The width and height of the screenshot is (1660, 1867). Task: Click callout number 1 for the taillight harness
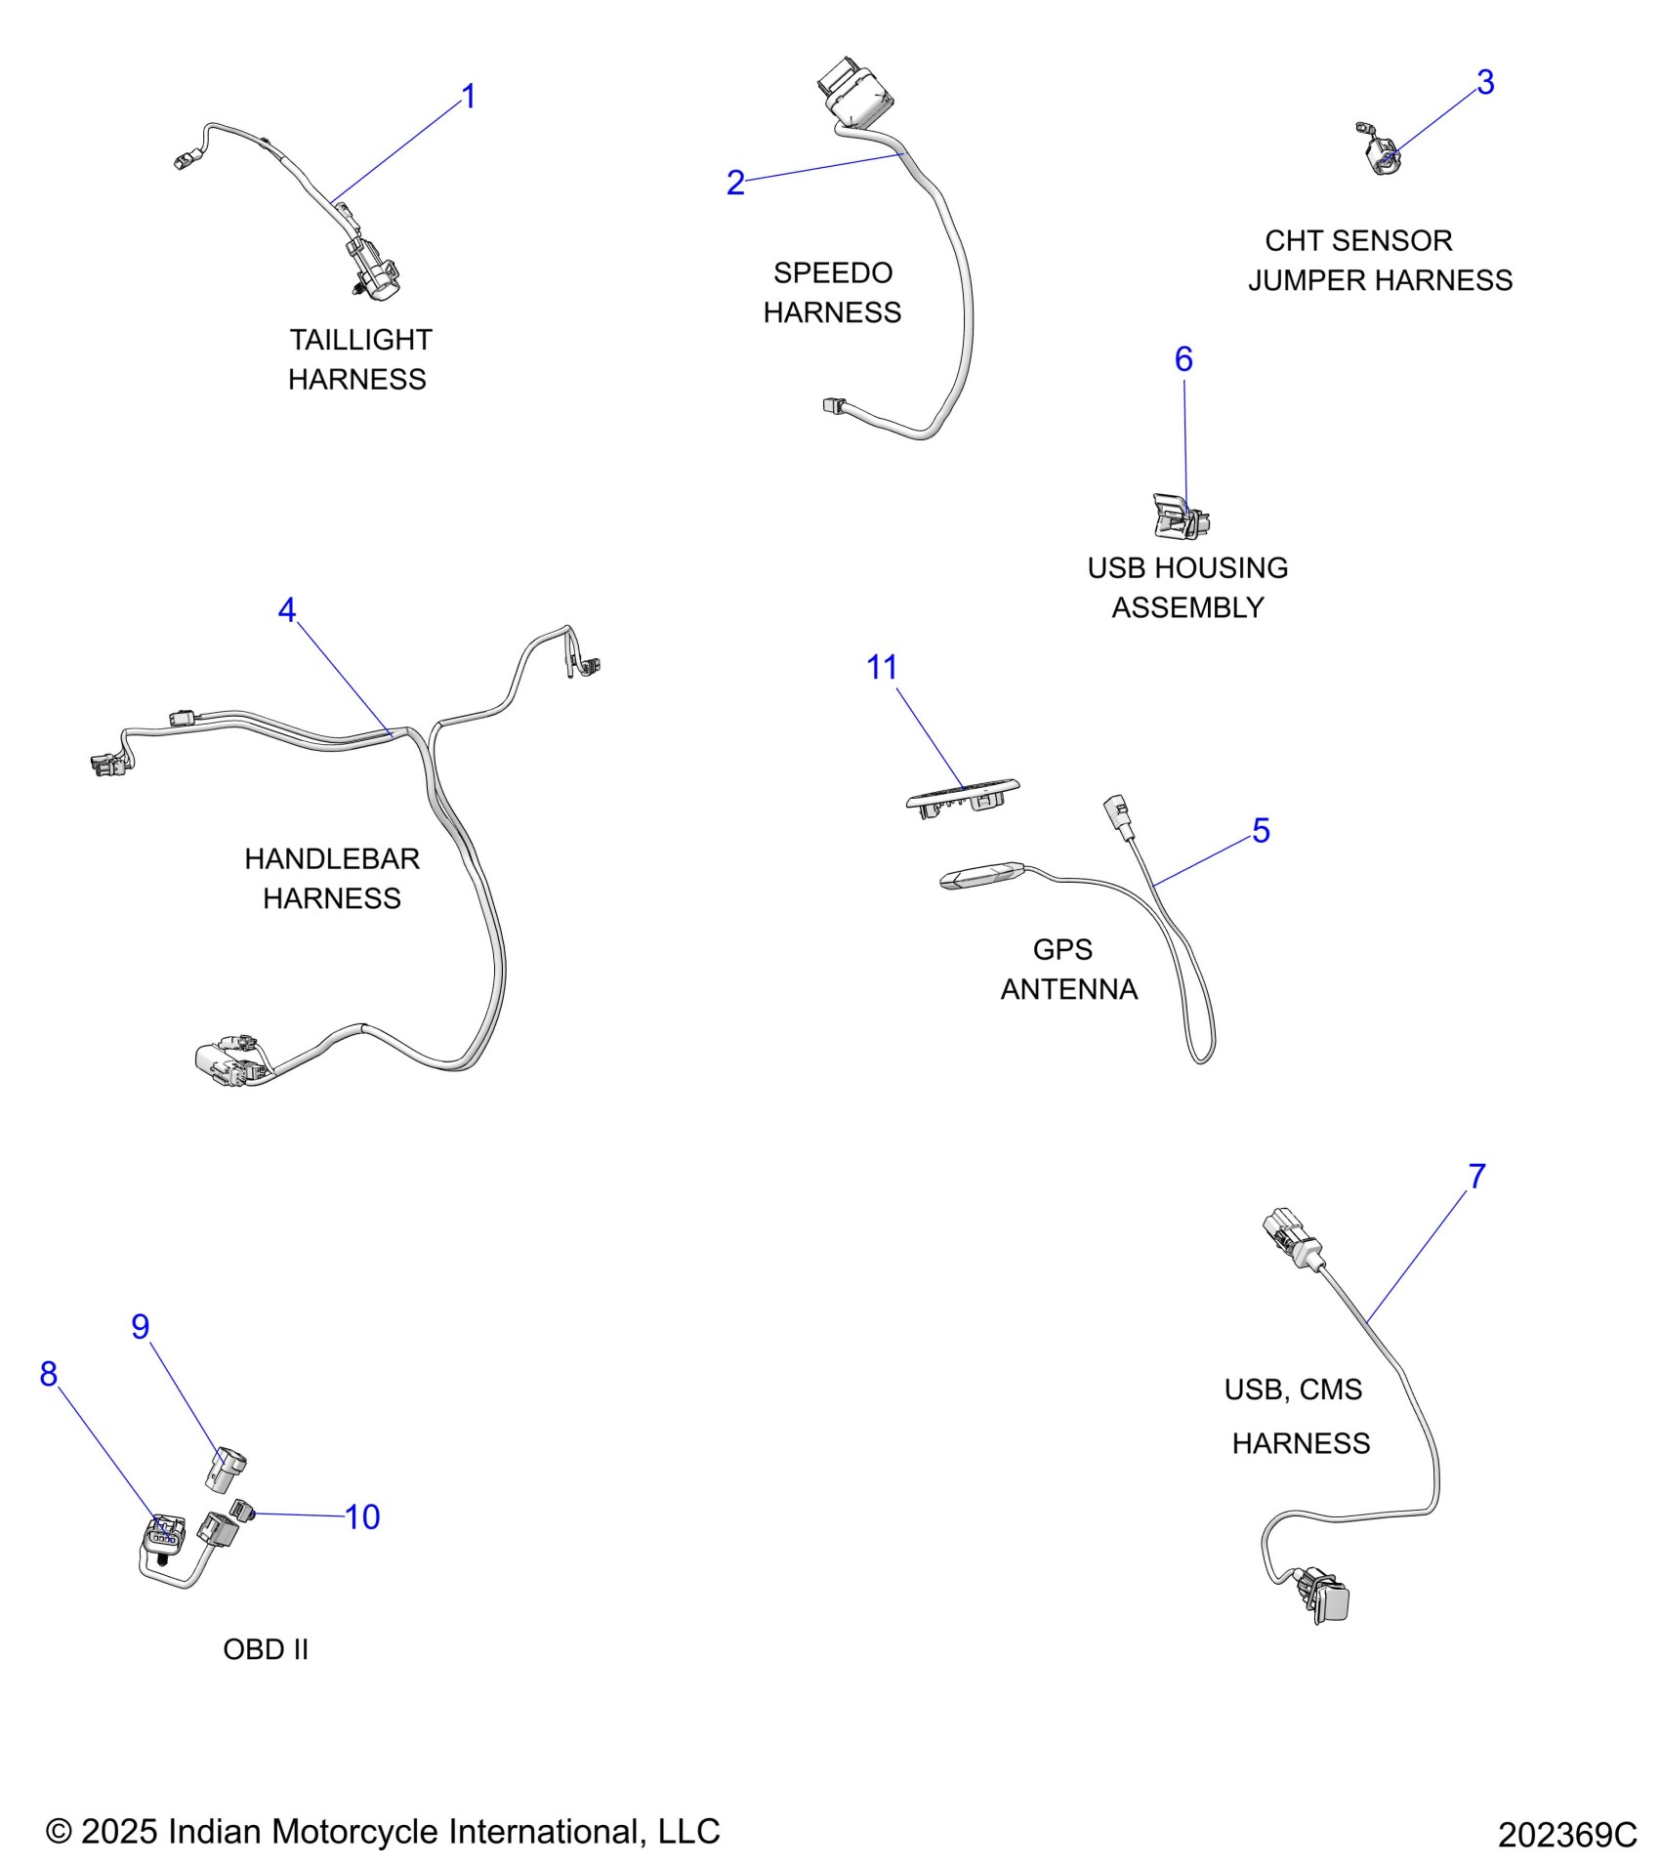coord(469,97)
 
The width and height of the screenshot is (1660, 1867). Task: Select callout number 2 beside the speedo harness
coord(735,183)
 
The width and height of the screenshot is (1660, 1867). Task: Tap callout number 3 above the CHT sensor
coord(1484,83)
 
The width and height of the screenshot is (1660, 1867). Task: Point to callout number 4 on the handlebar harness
coord(286,610)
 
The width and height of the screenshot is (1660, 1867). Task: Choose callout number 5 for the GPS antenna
coord(1261,831)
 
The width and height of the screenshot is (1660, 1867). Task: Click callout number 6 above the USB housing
coord(1183,359)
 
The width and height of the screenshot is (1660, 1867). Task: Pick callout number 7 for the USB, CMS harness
coord(1476,1177)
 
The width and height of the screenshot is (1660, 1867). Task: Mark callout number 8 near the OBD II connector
coord(49,1375)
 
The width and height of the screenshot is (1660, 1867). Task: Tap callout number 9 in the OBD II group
coord(141,1327)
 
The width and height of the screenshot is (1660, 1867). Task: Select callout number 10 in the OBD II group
coord(362,1517)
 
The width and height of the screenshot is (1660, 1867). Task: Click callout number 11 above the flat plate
coord(882,668)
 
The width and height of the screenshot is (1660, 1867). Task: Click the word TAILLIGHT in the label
coord(360,340)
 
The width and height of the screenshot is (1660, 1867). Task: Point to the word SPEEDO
coord(833,272)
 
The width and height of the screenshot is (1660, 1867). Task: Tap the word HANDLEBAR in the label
coord(332,859)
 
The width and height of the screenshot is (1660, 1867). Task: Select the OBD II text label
coord(266,1649)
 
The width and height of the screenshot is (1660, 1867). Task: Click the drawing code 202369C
coord(1566,1836)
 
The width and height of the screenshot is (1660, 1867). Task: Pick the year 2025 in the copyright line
coord(118,1832)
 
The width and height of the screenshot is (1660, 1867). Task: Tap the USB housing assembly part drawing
coord(1181,517)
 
